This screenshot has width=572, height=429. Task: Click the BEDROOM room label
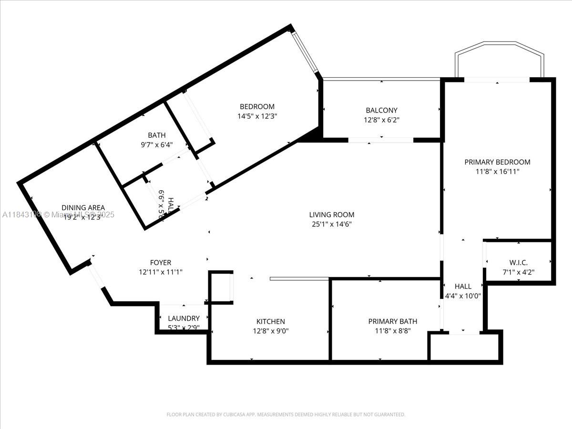coord(257,107)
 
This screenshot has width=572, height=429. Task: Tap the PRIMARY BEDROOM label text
coord(497,162)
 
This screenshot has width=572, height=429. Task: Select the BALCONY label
coord(381,111)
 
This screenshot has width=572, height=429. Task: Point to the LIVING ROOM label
coord(332,215)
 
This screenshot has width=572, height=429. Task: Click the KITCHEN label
coord(270,322)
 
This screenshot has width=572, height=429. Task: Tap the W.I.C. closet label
coord(519,263)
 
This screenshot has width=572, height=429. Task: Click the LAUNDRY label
coord(184,318)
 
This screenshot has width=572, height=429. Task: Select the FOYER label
coord(160,263)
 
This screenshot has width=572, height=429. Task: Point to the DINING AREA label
coord(83,208)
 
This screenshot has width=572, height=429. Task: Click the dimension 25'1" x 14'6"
coord(332,224)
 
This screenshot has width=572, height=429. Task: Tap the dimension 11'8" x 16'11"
coord(497,171)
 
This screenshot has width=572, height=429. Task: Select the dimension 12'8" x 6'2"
coord(381,120)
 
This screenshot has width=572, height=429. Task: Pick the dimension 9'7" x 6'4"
coord(156,144)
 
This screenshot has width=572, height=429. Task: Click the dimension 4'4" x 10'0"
coord(462,295)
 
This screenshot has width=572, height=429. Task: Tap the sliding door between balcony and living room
coord(381,140)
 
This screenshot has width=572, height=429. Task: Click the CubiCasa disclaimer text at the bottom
coord(286,415)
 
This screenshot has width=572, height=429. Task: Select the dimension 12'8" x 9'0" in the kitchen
coord(270,331)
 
